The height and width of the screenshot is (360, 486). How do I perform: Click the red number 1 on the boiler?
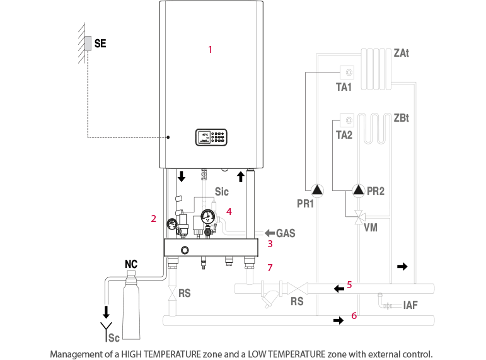[x=210, y=49]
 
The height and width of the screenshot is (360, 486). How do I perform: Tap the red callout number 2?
[x=153, y=218]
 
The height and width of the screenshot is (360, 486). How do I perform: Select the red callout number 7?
[x=269, y=268]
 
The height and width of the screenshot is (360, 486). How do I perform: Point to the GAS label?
[x=286, y=233]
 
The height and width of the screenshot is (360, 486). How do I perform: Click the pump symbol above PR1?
[x=316, y=189]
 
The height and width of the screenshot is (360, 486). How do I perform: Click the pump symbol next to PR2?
[x=359, y=189]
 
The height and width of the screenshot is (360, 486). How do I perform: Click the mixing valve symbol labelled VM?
[x=359, y=218]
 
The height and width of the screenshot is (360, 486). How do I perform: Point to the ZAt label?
[x=402, y=54]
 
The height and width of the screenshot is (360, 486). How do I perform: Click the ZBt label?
[x=401, y=118]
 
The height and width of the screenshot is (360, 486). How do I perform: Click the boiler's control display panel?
[x=211, y=137]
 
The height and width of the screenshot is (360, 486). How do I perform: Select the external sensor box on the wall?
[x=88, y=43]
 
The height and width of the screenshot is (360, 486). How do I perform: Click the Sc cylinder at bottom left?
[x=130, y=303]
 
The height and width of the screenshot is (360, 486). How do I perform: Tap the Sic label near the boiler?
[x=222, y=191]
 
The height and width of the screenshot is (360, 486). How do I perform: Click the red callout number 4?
[x=229, y=212]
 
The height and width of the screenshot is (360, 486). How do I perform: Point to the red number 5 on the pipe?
[x=349, y=284]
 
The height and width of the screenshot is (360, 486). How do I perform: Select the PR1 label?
[x=306, y=204]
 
